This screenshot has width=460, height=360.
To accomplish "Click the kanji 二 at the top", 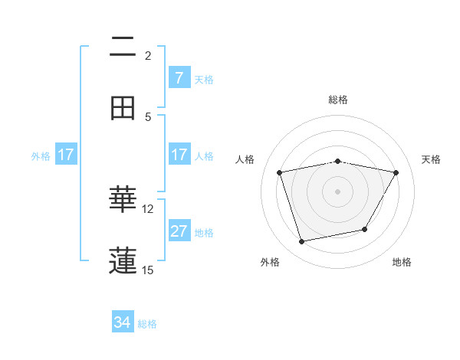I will coord(123,47).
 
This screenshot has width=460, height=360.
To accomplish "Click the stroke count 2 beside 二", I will coord(148,56).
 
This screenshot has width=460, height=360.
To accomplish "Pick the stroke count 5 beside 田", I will coord(148,116).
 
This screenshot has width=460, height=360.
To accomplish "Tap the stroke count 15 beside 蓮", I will coord(148,270).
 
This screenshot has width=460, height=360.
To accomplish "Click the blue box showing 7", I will coord(179,78).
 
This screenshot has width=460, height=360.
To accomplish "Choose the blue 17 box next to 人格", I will coord(179,155).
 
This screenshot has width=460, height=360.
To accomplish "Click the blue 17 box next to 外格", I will coord(66,155).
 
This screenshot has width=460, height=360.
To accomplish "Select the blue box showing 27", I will coord(179,231).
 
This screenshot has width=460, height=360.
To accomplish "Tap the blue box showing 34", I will coord(123,323).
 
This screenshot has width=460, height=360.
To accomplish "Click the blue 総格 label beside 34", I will coord(147,324).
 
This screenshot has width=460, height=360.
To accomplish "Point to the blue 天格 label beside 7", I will coord(204,79).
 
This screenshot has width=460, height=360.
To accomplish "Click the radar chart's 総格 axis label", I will coord(338,100).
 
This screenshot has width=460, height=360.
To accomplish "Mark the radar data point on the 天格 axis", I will coord(396,172).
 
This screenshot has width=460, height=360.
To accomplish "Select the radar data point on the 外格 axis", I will coord(302,242).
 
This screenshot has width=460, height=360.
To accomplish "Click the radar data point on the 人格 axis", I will coord(280,173).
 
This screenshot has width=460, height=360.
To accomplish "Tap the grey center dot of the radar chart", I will coord(338,191).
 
